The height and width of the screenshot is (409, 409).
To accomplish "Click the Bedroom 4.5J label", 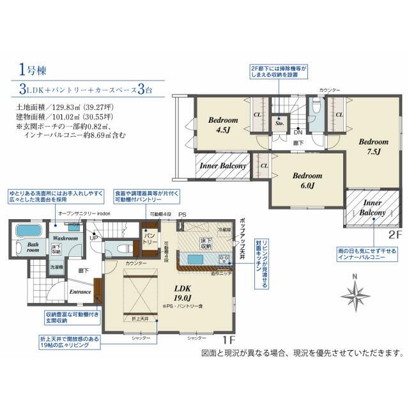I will pyautogui.click(x=222, y=125).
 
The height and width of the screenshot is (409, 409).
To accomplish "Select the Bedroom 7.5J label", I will pyautogui.click(x=373, y=146).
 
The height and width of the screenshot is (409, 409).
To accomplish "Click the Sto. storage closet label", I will pyautogui.click(x=279, y=121).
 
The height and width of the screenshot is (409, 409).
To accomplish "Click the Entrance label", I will pyautogui.click(x=81, y=293).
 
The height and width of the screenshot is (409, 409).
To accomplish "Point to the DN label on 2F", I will pyautogui.click(x=298, y=132).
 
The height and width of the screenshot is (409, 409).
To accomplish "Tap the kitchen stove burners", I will pyautogui.click(x=224, y=259).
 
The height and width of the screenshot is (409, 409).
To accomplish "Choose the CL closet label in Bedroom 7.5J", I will pyautogui.click(x=339, y=114).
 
